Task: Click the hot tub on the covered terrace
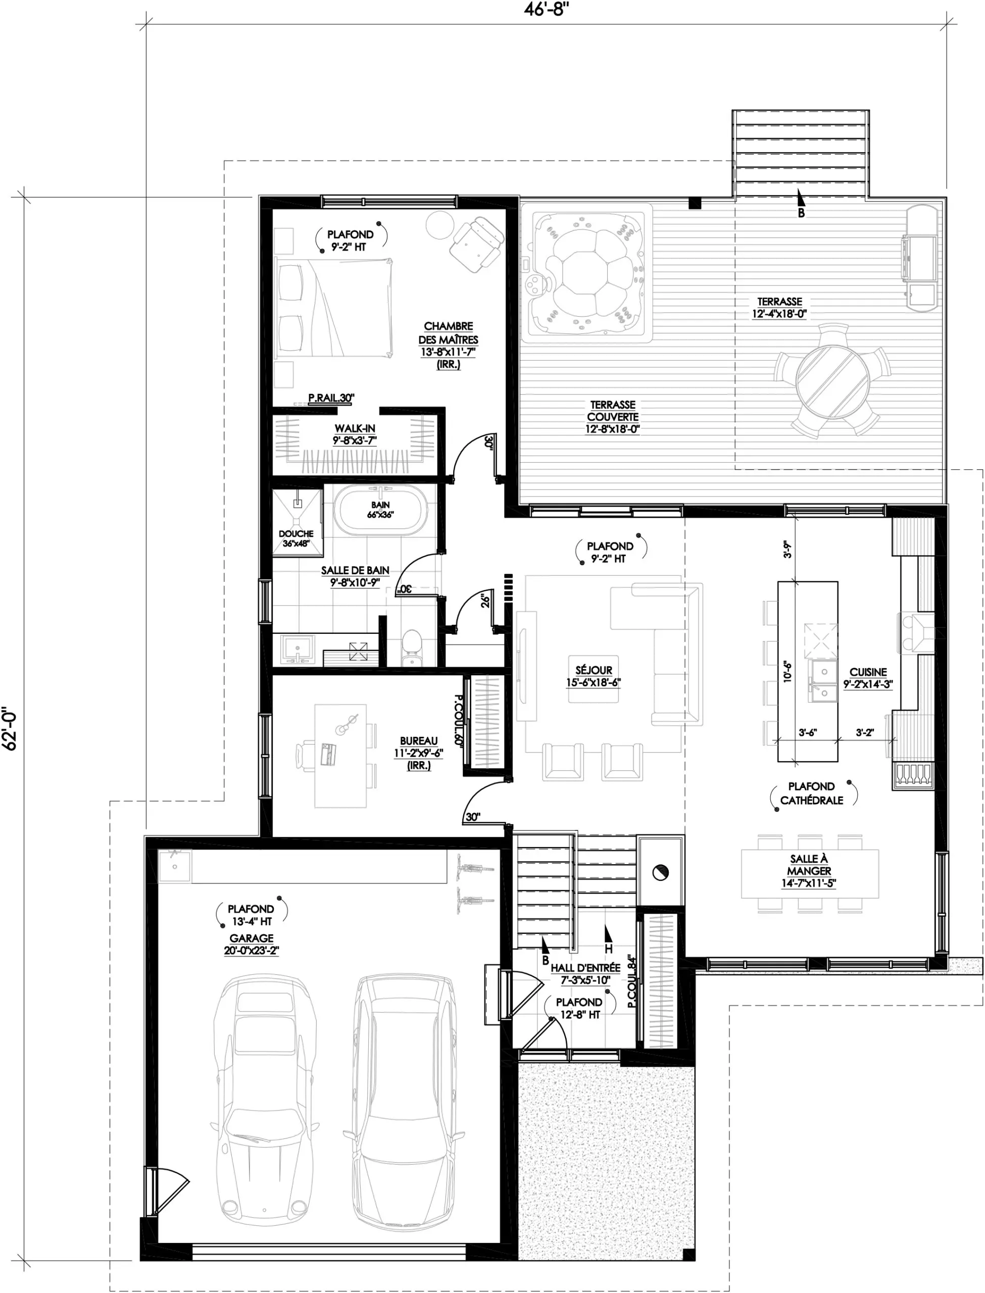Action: tap(586, 273)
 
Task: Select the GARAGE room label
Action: tap(252, 938)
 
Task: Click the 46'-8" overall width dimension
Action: tap(547, 10)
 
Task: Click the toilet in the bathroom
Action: tap(412, 648)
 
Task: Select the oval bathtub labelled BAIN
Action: tap(380, 510)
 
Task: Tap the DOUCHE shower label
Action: tap(296, 534)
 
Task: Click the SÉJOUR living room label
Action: tap(594, 670)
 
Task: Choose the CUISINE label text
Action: tap(868, 672)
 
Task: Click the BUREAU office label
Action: tap(419, 741)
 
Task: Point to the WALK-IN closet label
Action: tap(355, 428)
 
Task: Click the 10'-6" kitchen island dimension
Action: tap(787, 672)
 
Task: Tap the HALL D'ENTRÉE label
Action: tap(585, 968)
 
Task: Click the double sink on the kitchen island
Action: tap(823, 680)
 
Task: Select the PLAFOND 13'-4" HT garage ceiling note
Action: tap(251, 915)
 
